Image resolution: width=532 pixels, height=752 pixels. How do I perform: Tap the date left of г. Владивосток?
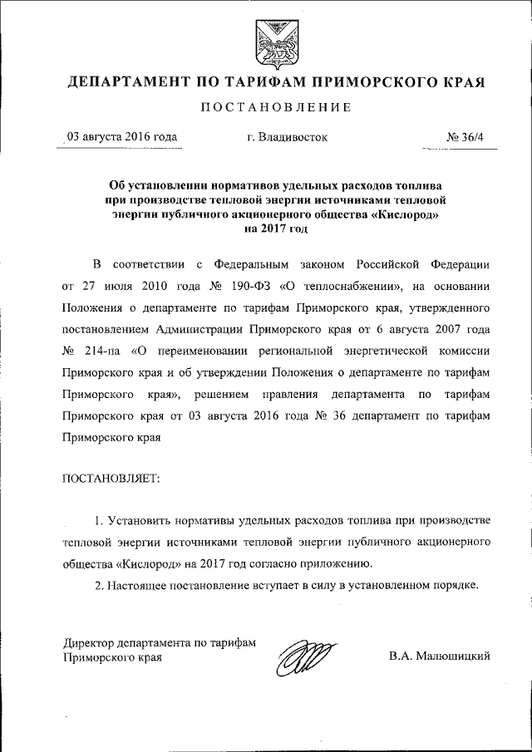(121, 136)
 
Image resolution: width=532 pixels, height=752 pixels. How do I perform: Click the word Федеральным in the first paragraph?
(249, 265)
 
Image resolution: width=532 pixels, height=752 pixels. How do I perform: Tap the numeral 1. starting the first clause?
(98, 520)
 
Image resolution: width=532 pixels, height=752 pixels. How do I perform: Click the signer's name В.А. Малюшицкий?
(439, 656)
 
